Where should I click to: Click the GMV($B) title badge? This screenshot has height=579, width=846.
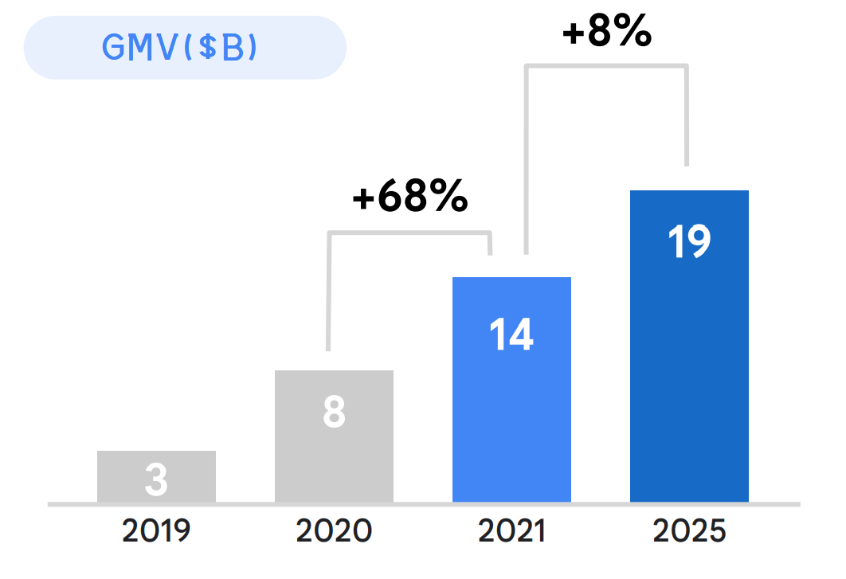point(185,48)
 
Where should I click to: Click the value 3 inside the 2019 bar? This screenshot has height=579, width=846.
point(156,479)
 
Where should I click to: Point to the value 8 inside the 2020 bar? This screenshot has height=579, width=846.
point(334,413)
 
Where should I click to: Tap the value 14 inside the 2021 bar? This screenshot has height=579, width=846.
point(511,334)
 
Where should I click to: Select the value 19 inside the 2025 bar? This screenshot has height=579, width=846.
point(689,241)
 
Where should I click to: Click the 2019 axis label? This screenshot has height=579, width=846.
point(156,531)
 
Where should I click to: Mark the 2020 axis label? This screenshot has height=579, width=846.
point(334,531)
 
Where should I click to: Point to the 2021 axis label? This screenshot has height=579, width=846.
point(511,531)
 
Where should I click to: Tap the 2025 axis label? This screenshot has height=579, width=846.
point(689,531)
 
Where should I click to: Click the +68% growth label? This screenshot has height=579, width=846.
point(409,198)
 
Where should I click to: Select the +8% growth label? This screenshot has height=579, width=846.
point(606,33)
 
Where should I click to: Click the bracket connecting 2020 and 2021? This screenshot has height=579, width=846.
point(409,233)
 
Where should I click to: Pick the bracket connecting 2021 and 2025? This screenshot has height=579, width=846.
point(606,65)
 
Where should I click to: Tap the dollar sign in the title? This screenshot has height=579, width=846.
point(210,48)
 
